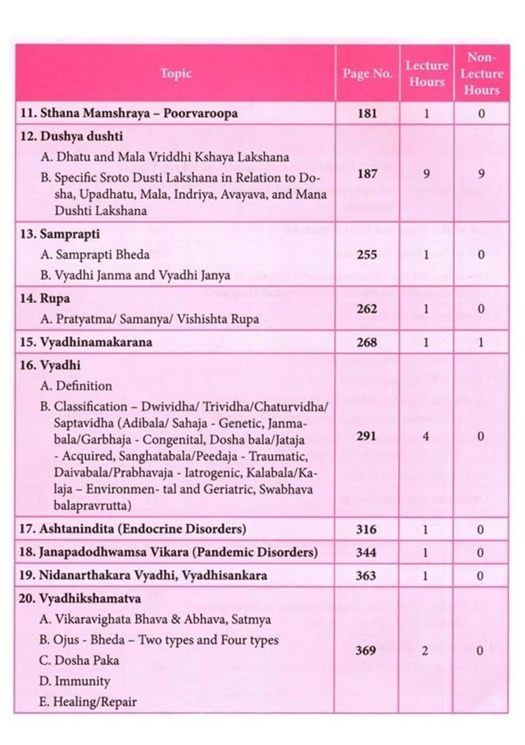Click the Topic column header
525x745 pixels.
coord(176,73)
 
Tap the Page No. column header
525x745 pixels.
coord(367,74)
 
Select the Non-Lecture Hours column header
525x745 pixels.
coord(481,74)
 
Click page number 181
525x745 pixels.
coord(367,114)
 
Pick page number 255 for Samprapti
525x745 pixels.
coord(367,255)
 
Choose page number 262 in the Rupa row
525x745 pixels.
coord(367,309)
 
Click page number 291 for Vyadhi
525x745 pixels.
coord(367,436)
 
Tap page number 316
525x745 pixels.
coord(367,529)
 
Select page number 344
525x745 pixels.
coord(367,553)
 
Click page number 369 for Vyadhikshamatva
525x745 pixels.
coord(367,650)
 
